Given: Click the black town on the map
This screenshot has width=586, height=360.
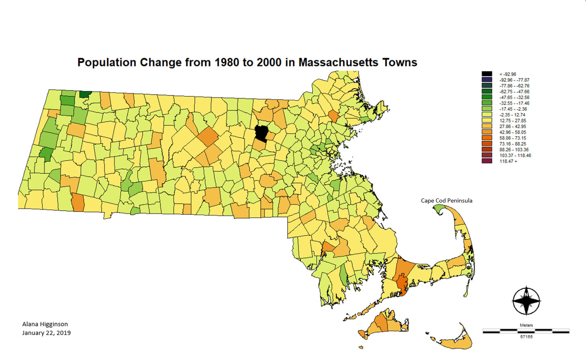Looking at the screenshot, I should tap(261, 133).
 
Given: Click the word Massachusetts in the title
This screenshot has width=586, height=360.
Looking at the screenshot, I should tap(332, 63).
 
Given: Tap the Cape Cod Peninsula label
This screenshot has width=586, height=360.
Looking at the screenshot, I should tap(446, 200).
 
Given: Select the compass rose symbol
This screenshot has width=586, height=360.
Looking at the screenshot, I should tap(526, 301).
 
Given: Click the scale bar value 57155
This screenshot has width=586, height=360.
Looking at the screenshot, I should tap(526, 337).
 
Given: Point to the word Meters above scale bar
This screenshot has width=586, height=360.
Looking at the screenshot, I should tap(526, 325).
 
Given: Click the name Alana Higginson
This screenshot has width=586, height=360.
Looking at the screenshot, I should tap(45, 324).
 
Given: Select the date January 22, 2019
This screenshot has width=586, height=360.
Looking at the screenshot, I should tap(46, 333).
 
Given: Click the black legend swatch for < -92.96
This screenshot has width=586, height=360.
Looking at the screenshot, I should tap(487, 74).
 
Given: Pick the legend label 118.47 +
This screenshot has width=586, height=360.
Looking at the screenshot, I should tap(508, 161).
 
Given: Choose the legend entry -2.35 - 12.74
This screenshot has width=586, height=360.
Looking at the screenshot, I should tap(512, 115).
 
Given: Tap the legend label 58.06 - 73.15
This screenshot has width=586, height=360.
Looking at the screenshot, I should tap(513, 138).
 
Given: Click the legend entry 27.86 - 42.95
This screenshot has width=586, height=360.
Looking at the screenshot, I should tap(513, 126).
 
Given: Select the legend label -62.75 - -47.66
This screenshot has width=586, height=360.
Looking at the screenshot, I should tap(514, 92).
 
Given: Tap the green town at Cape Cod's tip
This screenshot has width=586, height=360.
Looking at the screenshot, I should tap(439, 209).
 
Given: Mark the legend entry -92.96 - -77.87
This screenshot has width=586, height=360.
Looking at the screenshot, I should tap(514, 80).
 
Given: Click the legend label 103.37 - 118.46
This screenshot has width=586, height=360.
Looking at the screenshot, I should tap(515, 155).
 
